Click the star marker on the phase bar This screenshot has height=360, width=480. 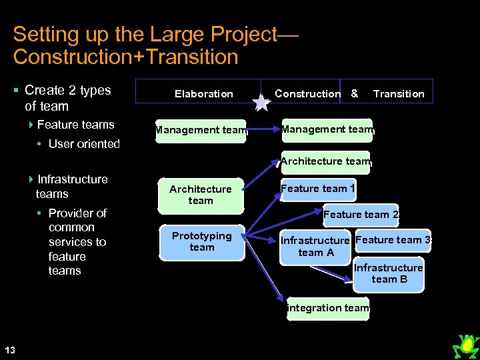262,101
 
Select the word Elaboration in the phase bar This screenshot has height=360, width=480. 203,94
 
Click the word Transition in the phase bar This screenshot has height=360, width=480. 399,94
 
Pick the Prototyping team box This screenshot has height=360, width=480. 201,241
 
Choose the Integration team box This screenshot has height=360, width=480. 327,308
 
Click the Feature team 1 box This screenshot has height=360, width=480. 318,189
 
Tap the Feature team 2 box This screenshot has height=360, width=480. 361,215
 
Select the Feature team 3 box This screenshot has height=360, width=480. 393,240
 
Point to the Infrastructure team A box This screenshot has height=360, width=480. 316,247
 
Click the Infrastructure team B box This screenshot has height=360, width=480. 389,273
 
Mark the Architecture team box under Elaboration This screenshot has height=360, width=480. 200,195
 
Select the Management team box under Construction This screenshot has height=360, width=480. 327,129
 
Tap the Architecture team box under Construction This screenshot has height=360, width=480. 325,161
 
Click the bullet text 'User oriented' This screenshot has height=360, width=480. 84,144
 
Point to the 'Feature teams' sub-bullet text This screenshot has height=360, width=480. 75,125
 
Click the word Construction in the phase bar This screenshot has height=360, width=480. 307,94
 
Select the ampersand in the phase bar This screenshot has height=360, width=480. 355,93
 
